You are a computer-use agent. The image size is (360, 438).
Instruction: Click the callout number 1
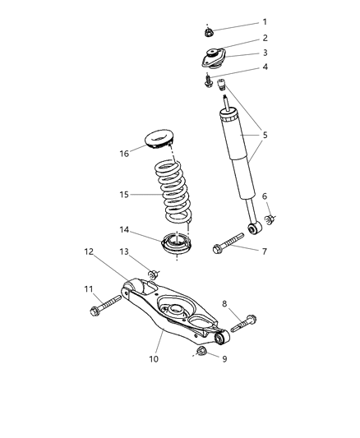(x=265, y=21)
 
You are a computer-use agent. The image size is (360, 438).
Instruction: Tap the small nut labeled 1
(x=210, y=34)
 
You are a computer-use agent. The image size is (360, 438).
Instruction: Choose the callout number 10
(x=106, y=309)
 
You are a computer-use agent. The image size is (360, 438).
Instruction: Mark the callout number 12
(x=153, y=274)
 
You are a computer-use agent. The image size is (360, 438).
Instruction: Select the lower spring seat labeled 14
(x=173, y=193)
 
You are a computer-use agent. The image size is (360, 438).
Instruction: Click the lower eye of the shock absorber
(x=253, y=227)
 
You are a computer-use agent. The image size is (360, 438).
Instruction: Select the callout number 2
(x=265, y=38)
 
